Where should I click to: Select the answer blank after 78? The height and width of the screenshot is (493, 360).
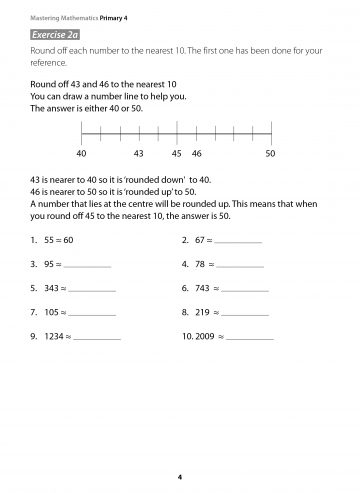click(x=240, y=266)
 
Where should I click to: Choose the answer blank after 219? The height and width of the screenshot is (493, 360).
click(x=245, y=312)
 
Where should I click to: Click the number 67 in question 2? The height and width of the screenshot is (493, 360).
click(x=201, y=242)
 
